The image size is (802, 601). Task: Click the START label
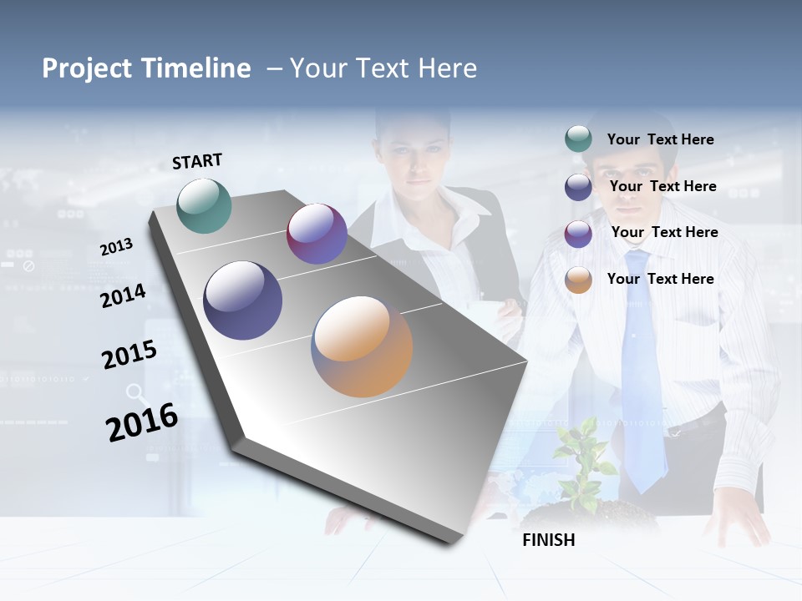(197, 161)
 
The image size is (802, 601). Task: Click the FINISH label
(549, 540)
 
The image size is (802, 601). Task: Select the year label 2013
(116, 247)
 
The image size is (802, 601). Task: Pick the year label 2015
(129, 355)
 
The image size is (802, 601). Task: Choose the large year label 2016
(142, 422)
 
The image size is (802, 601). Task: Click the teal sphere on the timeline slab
(204, 205)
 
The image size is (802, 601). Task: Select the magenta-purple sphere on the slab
(317, 234)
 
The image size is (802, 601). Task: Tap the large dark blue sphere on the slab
(242, 300)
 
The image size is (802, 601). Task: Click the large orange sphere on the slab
(362, 346)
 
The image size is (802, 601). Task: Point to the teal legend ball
(578, 139)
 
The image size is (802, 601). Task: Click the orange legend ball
(578, 280)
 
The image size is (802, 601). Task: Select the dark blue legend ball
(578, 187)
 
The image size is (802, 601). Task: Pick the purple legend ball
(578, 234)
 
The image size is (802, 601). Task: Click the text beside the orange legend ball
(660, 279)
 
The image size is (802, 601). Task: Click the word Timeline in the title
(196, 68)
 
